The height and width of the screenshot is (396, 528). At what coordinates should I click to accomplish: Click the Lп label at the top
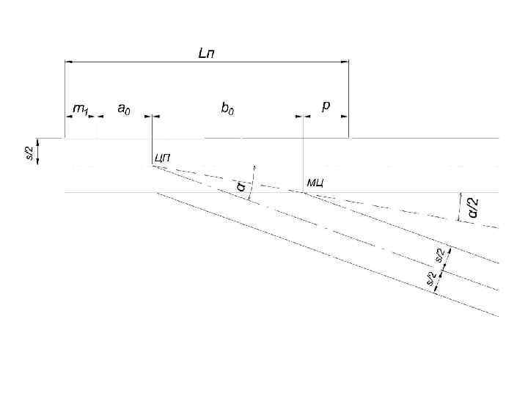click(x=207, y=54)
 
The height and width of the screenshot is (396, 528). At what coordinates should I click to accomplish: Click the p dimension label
click(x=326, y=106)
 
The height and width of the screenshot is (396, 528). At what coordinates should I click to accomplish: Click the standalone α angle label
click(x=240, y=186)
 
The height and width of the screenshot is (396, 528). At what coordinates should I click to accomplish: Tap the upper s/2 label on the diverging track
click(x=440, y=255)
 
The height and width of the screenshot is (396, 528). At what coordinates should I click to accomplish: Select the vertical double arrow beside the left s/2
click(x=39, y=152)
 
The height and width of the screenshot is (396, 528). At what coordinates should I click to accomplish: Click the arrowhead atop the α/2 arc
click(x=461, y=196)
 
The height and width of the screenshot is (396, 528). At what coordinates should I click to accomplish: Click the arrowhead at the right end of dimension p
click(x=344, y=116)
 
